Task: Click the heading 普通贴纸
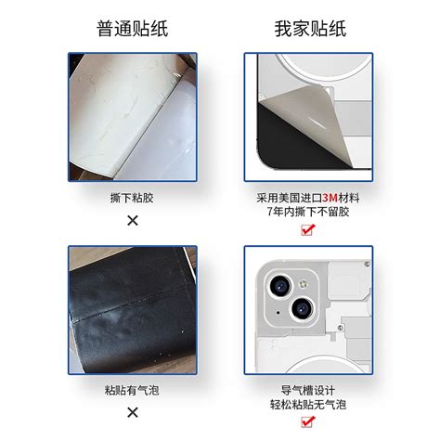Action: pyautogui.click(x=132, y=29)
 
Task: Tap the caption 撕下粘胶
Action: pyautogui.click(x=133, y=198)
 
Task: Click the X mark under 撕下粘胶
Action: pyautogui.click(x=133, y=220)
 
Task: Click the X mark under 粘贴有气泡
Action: pyautogui.click(x=133, y=411)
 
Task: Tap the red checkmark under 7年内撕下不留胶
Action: pyautogui.click(x=308, y=230)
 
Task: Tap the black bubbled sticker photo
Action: pyautogui.click(x=133, y=311)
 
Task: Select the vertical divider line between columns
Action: pyautogui.click(x=220, y=232)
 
